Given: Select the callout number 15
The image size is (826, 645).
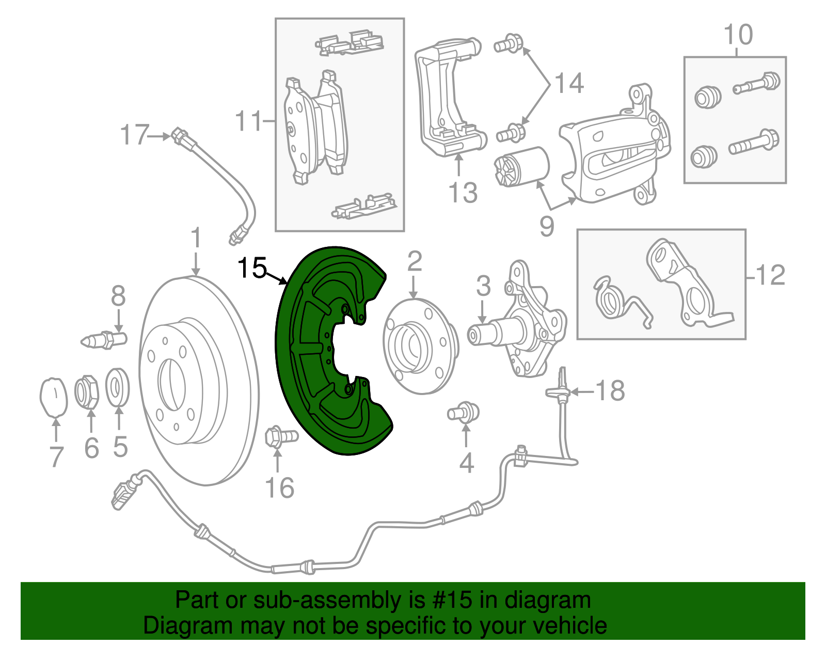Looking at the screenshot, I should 252,268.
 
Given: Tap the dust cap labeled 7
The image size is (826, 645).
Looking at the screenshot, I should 54,397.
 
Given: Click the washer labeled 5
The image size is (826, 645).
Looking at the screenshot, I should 118,387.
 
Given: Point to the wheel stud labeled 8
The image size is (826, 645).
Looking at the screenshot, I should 105,340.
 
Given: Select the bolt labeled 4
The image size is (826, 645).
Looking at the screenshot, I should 463,412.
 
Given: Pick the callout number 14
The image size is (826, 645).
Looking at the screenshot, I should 569,83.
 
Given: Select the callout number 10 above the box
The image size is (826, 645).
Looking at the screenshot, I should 738,35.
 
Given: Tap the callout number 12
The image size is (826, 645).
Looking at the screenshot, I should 770,275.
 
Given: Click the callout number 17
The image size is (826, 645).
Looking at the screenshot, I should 134,135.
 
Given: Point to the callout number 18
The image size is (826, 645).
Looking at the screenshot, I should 610,391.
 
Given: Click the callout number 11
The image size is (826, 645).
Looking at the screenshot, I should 249,121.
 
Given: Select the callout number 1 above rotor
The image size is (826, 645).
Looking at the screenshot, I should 195,238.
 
